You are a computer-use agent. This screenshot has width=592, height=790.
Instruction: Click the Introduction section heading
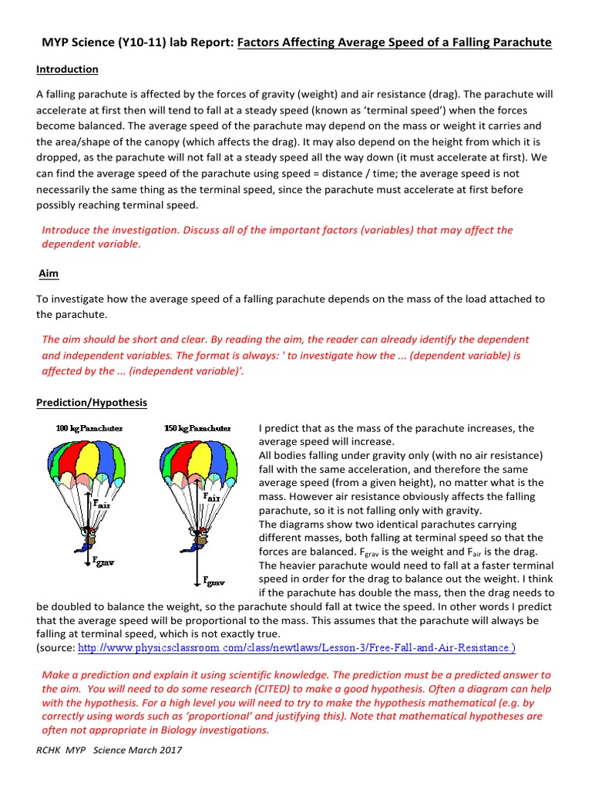67,69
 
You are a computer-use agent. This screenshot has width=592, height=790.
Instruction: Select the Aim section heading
49,274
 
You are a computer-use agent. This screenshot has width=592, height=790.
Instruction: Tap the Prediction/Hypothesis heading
92,403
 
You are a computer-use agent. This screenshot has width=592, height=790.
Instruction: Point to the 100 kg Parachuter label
89,427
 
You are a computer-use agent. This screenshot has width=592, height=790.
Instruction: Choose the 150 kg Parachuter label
197,427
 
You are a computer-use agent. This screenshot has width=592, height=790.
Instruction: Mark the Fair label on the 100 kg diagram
101,502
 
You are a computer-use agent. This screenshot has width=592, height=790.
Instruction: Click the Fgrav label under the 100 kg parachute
105,562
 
